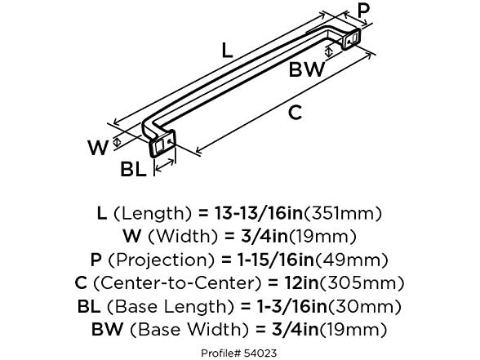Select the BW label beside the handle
click(307, 69)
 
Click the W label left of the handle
click(97, 148)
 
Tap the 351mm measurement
click(349, 214)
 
